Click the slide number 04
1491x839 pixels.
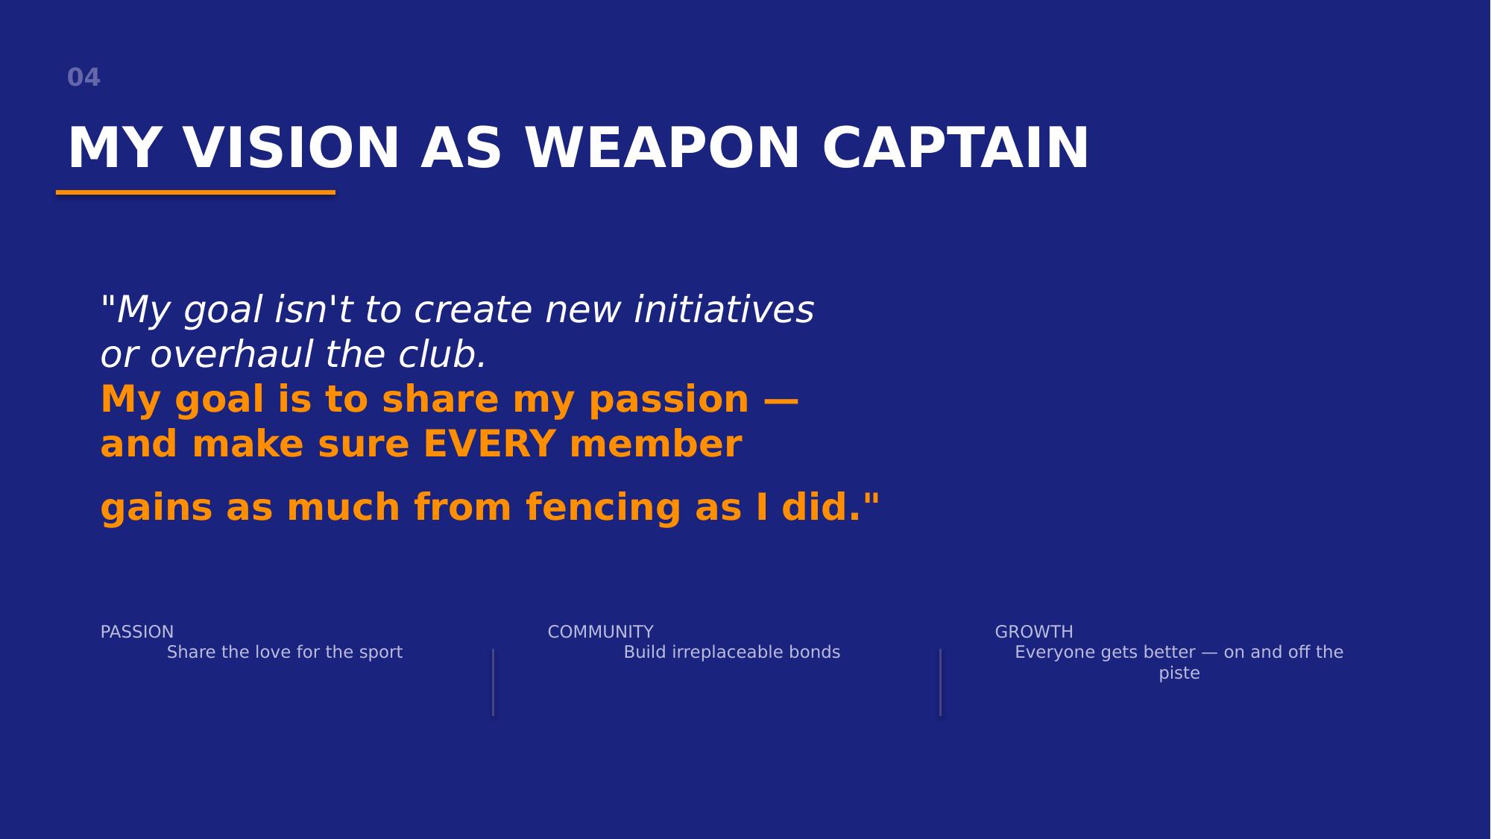(x=83, y=78)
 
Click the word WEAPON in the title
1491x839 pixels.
(x=663, y=148)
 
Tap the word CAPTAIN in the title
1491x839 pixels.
(x=956, y=148)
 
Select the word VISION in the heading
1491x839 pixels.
(x=292, y=148)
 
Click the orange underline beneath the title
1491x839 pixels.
(x=195, y=192)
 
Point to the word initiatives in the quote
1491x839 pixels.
(x=724, y=309)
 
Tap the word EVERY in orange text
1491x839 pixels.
(x=489, y=444)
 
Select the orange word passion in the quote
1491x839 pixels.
(x=669, y=400)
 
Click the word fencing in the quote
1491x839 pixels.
(x=603, y=509)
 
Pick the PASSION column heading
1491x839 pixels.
(x=137, y=632)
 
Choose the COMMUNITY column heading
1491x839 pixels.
(x=601, y=632)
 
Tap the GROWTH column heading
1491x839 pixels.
(x=1034, y=632)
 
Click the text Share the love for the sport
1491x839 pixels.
(x=285, y=653)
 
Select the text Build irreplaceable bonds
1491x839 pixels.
(x=732, y=653)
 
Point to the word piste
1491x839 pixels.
(x=1179, y=673)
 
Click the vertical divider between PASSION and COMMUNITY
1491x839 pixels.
(x=493, y=682)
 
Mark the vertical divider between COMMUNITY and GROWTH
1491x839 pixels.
(x=940, y=682)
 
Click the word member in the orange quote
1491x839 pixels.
(x=655, y=444)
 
